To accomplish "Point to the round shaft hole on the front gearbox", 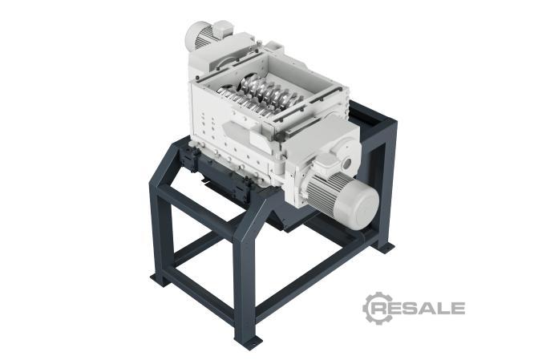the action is (x=347, y=163).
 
